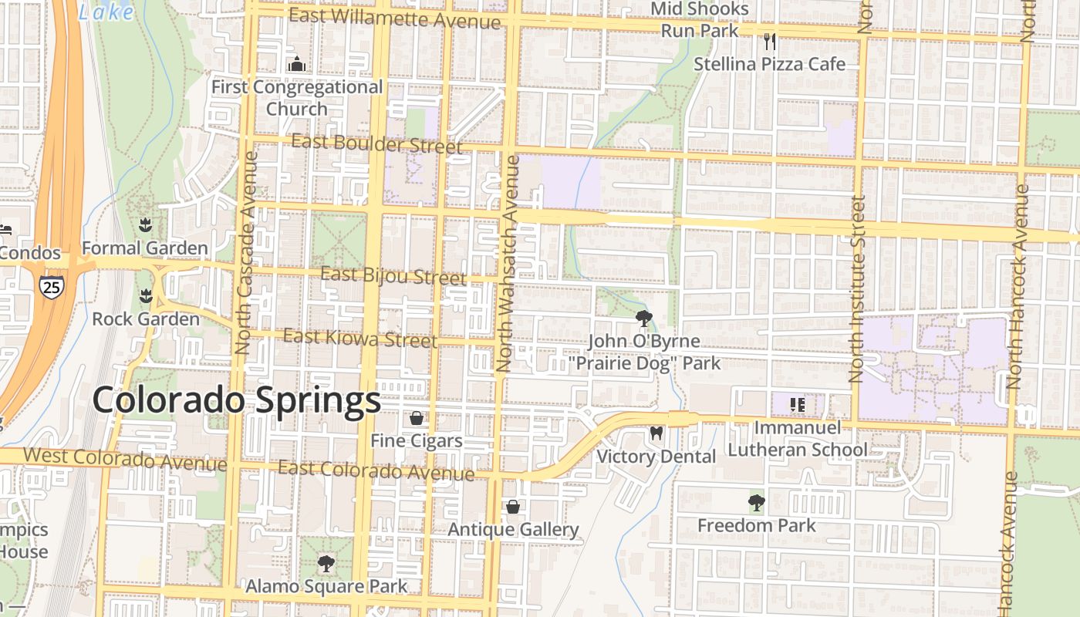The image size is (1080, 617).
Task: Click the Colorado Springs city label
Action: [x=236, y=401]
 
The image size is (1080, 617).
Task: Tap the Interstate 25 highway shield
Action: [x=51, y=288]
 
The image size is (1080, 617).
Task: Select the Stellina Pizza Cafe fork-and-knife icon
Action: [x=769, y=42]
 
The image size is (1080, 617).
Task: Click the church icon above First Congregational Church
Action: [x=297, y=65]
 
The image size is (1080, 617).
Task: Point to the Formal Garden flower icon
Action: [x=145, y=225]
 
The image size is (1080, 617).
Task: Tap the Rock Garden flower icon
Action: [x=145, y=296]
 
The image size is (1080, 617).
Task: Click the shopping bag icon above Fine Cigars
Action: [x=417, y=418]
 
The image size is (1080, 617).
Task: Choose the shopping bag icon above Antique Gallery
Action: [x=513, y=507]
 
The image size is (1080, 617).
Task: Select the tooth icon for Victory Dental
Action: [x=656, y=433]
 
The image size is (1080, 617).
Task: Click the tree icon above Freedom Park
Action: [x=756, y=503]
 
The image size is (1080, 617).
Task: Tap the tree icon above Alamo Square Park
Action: [x=326, y=564]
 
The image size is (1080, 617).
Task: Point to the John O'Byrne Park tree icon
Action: [x=643, y=318]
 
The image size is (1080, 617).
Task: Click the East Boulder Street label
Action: [x=377, y=144]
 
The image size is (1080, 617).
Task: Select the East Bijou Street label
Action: [x=393, y=276]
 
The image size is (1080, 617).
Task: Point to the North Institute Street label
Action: [x=856, y=288]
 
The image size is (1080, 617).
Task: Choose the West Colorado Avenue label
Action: [x=125, y=459]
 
